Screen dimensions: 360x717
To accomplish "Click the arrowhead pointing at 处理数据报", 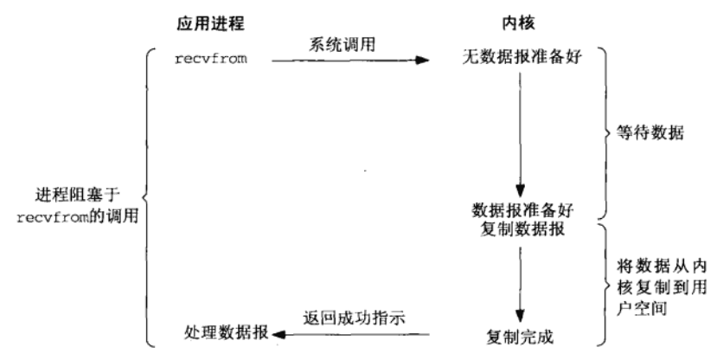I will [278, 333].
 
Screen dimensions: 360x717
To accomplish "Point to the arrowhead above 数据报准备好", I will [517, 195].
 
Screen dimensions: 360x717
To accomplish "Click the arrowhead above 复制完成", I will [517, 317].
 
